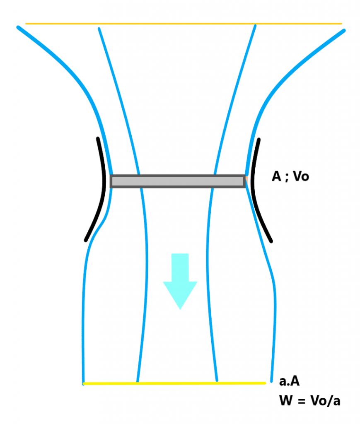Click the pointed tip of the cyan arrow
point(180,308)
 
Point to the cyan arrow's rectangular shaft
point(180,267)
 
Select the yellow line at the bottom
point(174,383)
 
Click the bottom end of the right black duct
point(271,240)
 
